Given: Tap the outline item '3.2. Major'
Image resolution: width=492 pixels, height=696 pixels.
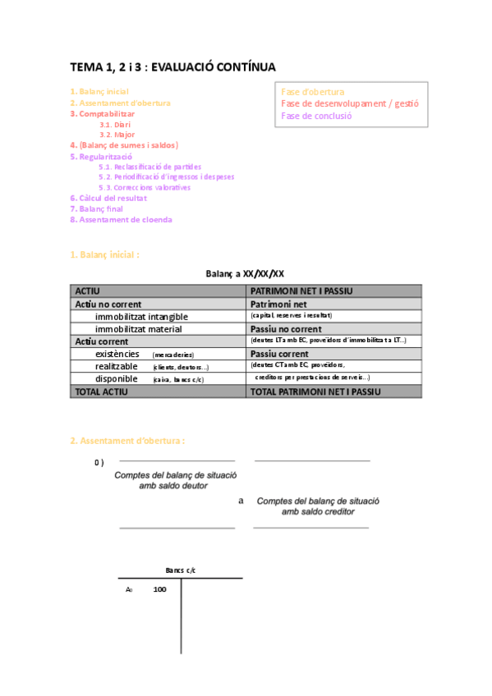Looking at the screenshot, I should tap(117, 135).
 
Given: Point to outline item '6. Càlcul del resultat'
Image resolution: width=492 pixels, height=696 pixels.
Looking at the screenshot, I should tap(108, 198).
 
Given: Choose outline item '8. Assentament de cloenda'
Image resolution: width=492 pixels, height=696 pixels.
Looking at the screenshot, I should tap(121, 219).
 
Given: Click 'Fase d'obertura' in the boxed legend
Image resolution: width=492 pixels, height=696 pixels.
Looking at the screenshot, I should tap(313, 92).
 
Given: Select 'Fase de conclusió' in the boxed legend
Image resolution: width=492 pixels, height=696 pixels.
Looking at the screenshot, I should tap(316, 116).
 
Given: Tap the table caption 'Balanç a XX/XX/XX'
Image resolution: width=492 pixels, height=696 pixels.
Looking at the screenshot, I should tap(245, 273).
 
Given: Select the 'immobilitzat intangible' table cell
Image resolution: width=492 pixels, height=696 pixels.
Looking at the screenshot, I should tap(141, 316).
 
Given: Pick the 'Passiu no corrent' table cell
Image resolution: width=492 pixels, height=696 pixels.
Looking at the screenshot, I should tap(286, 329).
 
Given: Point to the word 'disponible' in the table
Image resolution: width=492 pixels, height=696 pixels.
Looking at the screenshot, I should tap(116, 379).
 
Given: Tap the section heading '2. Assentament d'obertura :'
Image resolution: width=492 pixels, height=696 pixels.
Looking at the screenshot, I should tap(126, 441).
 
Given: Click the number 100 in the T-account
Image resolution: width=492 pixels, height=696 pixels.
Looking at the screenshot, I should tap(159, 589).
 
